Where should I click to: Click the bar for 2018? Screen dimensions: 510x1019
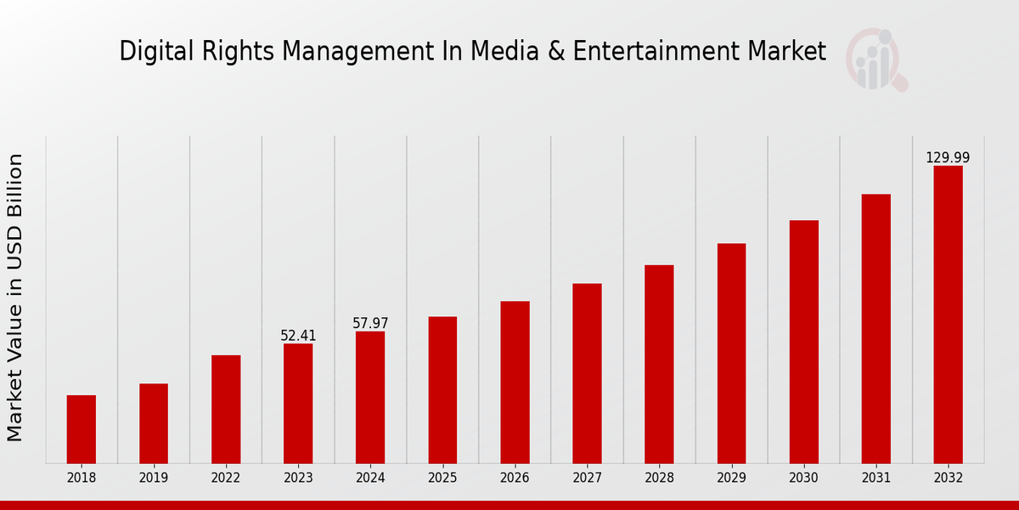pos(82,429)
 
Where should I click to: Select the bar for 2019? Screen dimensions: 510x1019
pos(154,423)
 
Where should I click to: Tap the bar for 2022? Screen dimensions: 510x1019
pos(226,409)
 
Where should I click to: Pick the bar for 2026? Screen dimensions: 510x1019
pos(515,382)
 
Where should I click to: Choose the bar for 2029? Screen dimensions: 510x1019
pos(731,354)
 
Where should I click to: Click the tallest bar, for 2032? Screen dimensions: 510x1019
pos(948,314)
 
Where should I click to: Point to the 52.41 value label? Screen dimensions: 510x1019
pos(298,336)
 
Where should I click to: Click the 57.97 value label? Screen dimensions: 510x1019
pos(370,323)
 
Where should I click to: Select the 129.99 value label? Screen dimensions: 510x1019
pos(948,157)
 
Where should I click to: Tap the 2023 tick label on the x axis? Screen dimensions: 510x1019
pos(298,479)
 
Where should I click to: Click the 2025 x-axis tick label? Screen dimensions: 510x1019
pos(442,479)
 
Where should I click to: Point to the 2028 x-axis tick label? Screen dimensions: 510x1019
pos(659,479)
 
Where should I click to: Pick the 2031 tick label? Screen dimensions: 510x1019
pos(875,479)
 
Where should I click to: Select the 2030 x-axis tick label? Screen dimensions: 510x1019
pos(803,479)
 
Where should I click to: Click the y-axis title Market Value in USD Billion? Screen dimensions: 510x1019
pos(15,297)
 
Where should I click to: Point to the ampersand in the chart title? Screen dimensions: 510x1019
pos(555,51)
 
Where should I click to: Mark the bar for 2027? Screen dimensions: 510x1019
pos(587,373)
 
